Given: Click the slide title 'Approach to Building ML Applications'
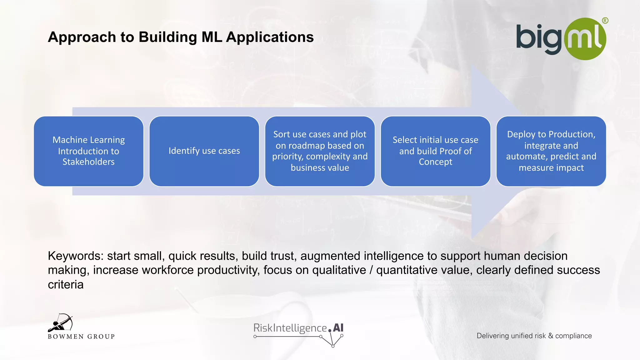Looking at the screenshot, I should (181, 37).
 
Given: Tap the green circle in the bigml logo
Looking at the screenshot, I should (585, 39).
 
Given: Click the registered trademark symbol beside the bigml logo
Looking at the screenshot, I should (605, 21).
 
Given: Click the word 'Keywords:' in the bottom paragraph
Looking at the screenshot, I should (75, 256).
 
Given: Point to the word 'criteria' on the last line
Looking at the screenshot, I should (66, 285).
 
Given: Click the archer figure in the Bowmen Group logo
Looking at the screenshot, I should (61, 323).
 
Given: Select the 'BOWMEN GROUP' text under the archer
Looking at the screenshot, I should (81, 337).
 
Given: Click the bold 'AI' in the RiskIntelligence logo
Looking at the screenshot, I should (338, 328).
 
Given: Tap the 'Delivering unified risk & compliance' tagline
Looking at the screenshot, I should (534, 336).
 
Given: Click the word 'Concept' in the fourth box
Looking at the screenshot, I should (435, 162).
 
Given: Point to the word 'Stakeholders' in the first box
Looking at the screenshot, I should (88, 162).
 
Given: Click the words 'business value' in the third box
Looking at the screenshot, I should (320, 168).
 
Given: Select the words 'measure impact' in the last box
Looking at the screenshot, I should (551, 168).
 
